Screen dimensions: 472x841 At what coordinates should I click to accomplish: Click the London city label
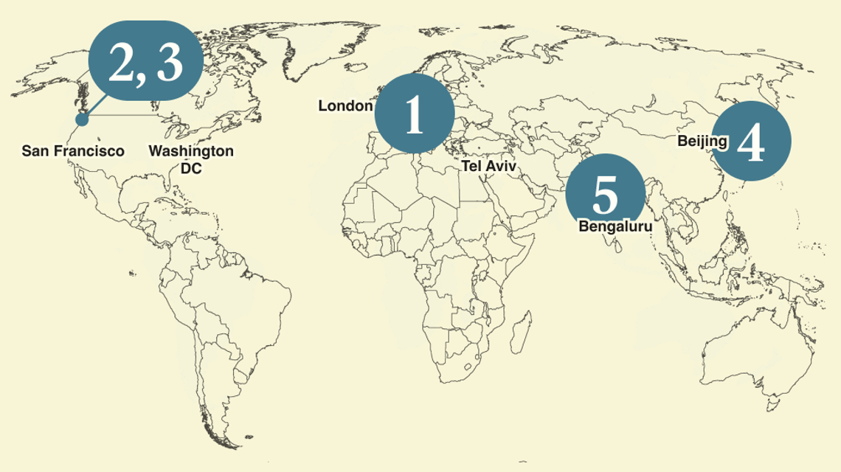pyautogui.click(x=345, y=106)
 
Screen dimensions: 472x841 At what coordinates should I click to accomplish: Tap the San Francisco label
pyautogui.click(x=73, y=151)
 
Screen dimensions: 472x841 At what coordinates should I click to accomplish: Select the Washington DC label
pyautogui.click(x=191, y=159)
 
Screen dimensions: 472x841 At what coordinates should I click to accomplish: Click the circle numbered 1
pyautogui.click(x=415, y=114)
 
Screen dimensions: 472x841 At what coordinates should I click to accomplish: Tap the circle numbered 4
pyautogui.click(x=751, y=141)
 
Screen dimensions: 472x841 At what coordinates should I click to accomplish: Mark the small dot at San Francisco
pyautogui.click(x=82, y=118)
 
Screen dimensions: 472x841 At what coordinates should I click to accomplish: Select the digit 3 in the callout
pyautogui.click(x=169, y=62)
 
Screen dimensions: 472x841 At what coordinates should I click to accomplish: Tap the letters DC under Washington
pyautogui.click(x=191, y=168)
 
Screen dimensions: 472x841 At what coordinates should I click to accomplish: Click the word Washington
pyautogui.click(x=191, y=151)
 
